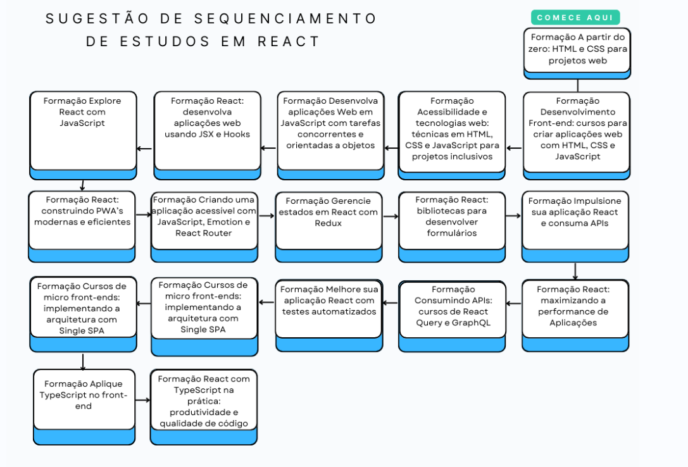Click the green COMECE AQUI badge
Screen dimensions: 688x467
click(575, 18)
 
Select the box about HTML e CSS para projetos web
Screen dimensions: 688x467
click(577, 54)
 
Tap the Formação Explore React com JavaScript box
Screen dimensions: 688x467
click(83, 135)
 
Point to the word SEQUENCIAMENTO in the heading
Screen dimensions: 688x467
click(285, 18)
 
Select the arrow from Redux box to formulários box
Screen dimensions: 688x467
click(391, 216)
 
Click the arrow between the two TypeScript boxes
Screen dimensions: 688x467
click(142, 400)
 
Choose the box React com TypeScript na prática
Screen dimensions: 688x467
click(204, 407)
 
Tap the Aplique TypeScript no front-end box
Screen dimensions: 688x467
click(84, 407)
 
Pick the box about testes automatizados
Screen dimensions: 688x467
click(329, 316)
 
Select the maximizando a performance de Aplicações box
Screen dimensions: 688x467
click(575, 316)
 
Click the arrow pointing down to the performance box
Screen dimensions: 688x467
click(575, 271)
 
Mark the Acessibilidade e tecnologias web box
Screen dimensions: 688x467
click(451, 135)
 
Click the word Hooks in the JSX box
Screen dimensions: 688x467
click(237, 134)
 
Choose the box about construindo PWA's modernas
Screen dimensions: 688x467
click(82, 227)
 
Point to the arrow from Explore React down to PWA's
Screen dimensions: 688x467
click(82, 185)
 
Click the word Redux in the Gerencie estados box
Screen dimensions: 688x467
click(328, 223)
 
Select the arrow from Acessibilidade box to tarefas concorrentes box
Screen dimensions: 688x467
click(391, 148)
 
